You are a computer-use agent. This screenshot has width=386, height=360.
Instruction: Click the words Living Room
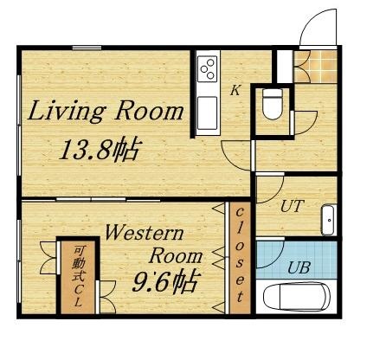tap(107, 112)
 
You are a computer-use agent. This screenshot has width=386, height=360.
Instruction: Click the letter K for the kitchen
tap(234, 90)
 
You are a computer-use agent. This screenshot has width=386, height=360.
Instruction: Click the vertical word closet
tap(239, 256)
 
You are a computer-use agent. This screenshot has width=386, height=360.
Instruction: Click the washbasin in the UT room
tap(329, 221)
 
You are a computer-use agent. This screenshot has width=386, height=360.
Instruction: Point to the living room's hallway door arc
tap(235, 157)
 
